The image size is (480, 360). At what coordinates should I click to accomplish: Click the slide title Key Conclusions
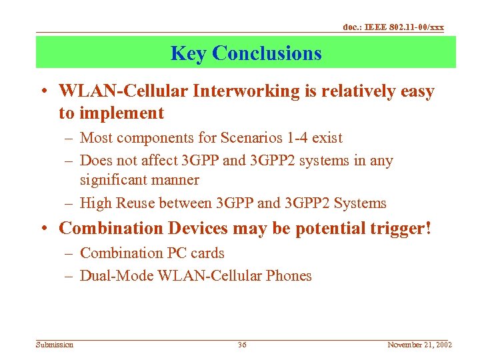click(x=245, y=53)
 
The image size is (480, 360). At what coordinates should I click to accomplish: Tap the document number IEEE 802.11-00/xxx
click(x=393, y=27)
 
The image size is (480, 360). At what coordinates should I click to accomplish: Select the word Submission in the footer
click(x=55, y=345)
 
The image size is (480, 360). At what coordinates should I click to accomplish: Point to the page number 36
click(x=241, y=345)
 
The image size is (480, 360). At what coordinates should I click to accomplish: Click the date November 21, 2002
click(x=419, y=345)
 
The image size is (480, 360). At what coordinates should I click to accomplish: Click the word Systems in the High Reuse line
click(x=360, y=203)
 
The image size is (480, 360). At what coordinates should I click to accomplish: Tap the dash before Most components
click(x=69, y=139)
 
